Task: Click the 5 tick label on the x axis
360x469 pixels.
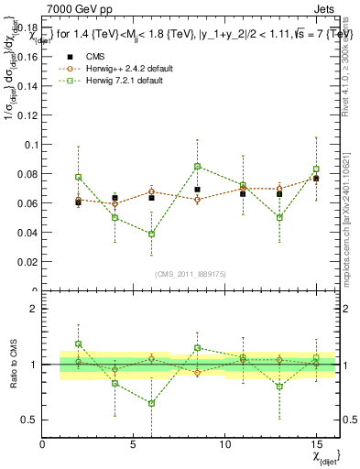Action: tap(134, 444)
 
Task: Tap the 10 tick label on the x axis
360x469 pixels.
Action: tap(224, 444)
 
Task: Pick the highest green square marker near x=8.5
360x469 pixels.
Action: tap(197, 166)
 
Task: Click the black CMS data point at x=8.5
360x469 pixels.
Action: tap(197, 190)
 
